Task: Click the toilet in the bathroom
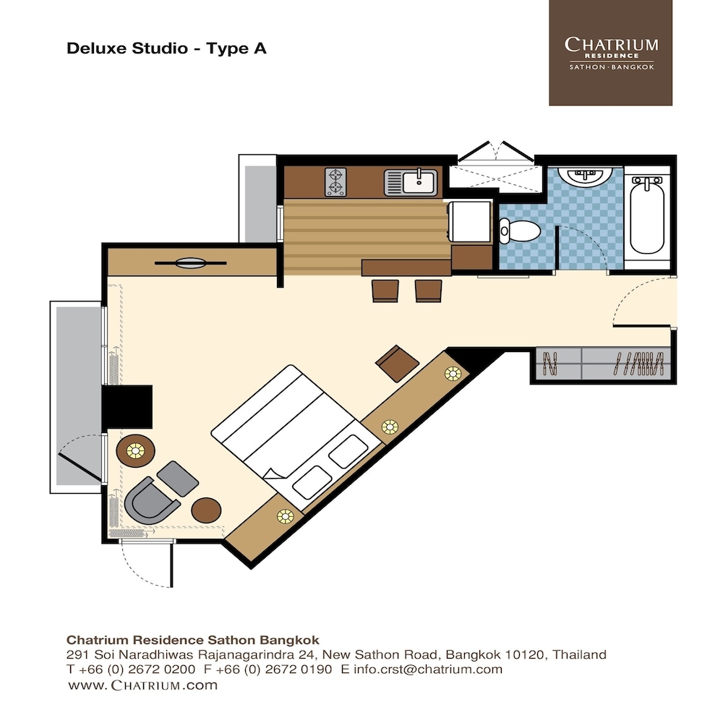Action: click(x=520, y=231)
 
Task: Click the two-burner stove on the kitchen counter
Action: click(x=335, y=181)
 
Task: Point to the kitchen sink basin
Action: click(x=419, y=181)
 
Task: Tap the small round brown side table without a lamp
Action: click(x=206, y=510)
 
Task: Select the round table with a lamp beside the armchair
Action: click(x=136, y=450)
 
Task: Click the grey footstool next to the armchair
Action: click(x=178, y=479)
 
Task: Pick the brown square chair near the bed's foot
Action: click(x=398, y=364)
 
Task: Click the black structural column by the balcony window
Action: click(x=127, y=406)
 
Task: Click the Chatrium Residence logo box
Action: click(x=610, y=53)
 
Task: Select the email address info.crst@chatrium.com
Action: click(x=428, y=669)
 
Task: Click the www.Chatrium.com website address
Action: click(x=142, y=685)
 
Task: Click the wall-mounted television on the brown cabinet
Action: click(x=190, y=263)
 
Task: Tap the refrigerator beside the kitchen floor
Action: click(x=470, y=221)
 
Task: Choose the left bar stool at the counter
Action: click(x=385, y=291)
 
